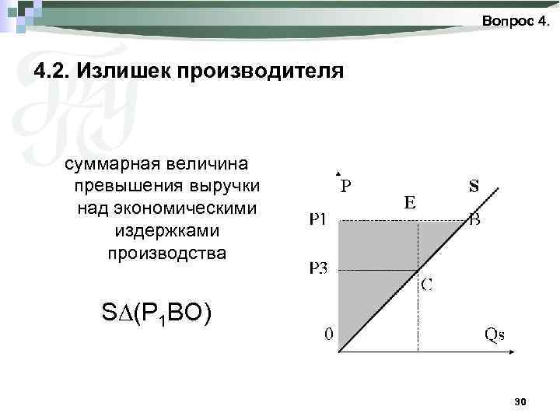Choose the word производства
[x=167, y=254]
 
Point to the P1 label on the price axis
[x=319, y=220]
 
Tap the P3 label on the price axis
[x=319, y=269]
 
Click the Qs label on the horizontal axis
[x=495, y=335]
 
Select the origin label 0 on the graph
[x=329, y=335]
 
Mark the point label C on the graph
[x=427, y=285]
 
